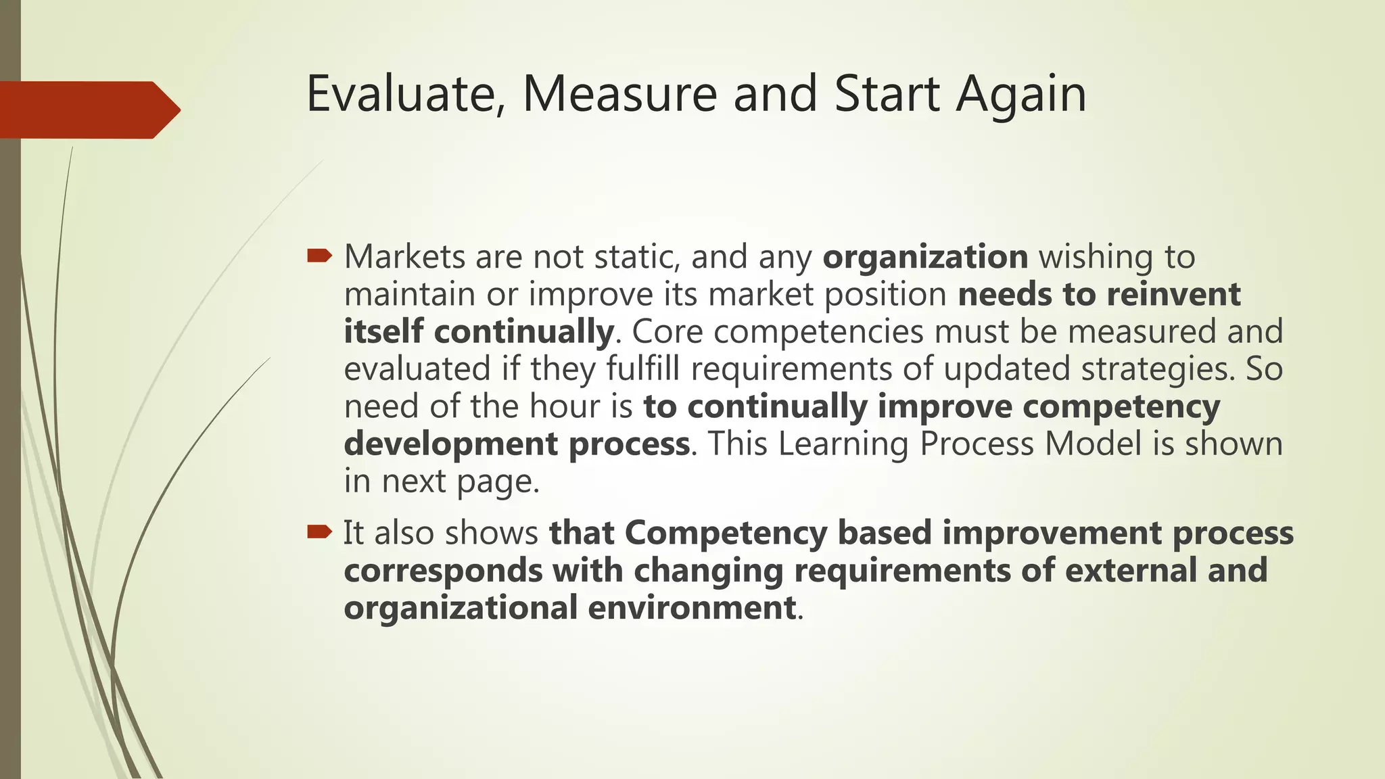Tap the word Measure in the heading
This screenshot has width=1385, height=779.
(x=619, y=94)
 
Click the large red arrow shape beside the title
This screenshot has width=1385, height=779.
(x=88, y=110)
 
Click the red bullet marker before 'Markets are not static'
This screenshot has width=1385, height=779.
(x=319, y=256)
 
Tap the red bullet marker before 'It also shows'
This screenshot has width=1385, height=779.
(x=319, y=532)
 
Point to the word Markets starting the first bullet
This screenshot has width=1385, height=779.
(x=404, y=257)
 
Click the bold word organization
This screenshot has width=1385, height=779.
(x=924, y=258)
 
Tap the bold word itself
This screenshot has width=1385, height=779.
(x=383, y=332)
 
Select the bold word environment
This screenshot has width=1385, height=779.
(x=691, y=607)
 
